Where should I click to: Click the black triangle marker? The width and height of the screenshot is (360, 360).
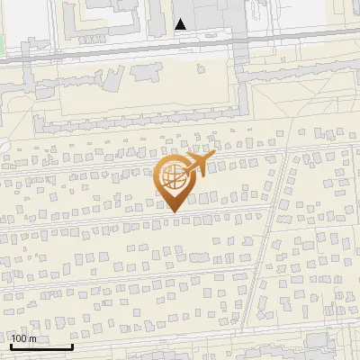[x=182, y=24]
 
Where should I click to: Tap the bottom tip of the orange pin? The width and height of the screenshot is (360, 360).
[x=173, y=211]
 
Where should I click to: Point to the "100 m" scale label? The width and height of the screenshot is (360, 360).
[x=24, y=338]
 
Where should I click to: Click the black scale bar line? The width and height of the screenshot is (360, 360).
[x=41, y=346]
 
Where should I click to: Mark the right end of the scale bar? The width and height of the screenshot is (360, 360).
[x=72, y=346]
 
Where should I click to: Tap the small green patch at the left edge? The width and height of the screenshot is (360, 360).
[x=3, y=40]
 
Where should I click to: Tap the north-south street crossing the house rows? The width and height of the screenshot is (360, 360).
[x=275, y=225]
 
